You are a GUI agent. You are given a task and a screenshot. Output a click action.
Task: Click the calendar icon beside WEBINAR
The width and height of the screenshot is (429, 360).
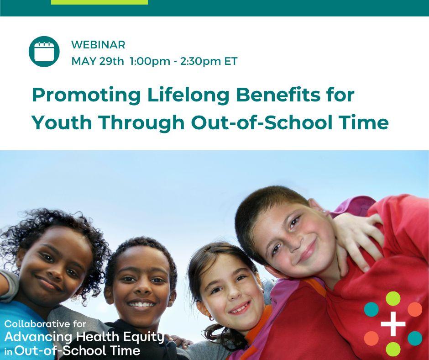[44, 52]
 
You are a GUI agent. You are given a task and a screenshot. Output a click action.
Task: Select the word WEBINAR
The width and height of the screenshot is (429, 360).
[98, 45]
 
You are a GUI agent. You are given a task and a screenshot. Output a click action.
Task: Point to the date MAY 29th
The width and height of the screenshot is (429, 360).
[98, 61]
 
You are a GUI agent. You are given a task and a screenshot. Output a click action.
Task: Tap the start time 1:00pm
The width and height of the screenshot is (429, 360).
[150, 61]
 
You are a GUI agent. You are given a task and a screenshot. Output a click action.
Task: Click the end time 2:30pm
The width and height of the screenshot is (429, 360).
[200, 61]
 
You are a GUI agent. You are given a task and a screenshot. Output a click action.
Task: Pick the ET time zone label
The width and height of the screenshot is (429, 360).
[231, 61]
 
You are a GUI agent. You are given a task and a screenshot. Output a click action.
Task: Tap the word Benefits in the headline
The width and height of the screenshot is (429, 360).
[278, 95]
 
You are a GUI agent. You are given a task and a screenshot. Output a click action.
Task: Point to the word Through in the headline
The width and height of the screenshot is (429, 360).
[141, 123]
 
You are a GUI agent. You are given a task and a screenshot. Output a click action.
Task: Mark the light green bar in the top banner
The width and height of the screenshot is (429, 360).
[99, 2]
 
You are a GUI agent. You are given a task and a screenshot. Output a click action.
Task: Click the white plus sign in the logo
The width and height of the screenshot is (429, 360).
[393, 324]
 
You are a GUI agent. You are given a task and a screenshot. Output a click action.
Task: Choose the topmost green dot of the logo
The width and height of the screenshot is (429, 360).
[393, 299]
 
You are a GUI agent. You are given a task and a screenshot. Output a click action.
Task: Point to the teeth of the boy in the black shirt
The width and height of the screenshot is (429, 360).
[141, 304]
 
